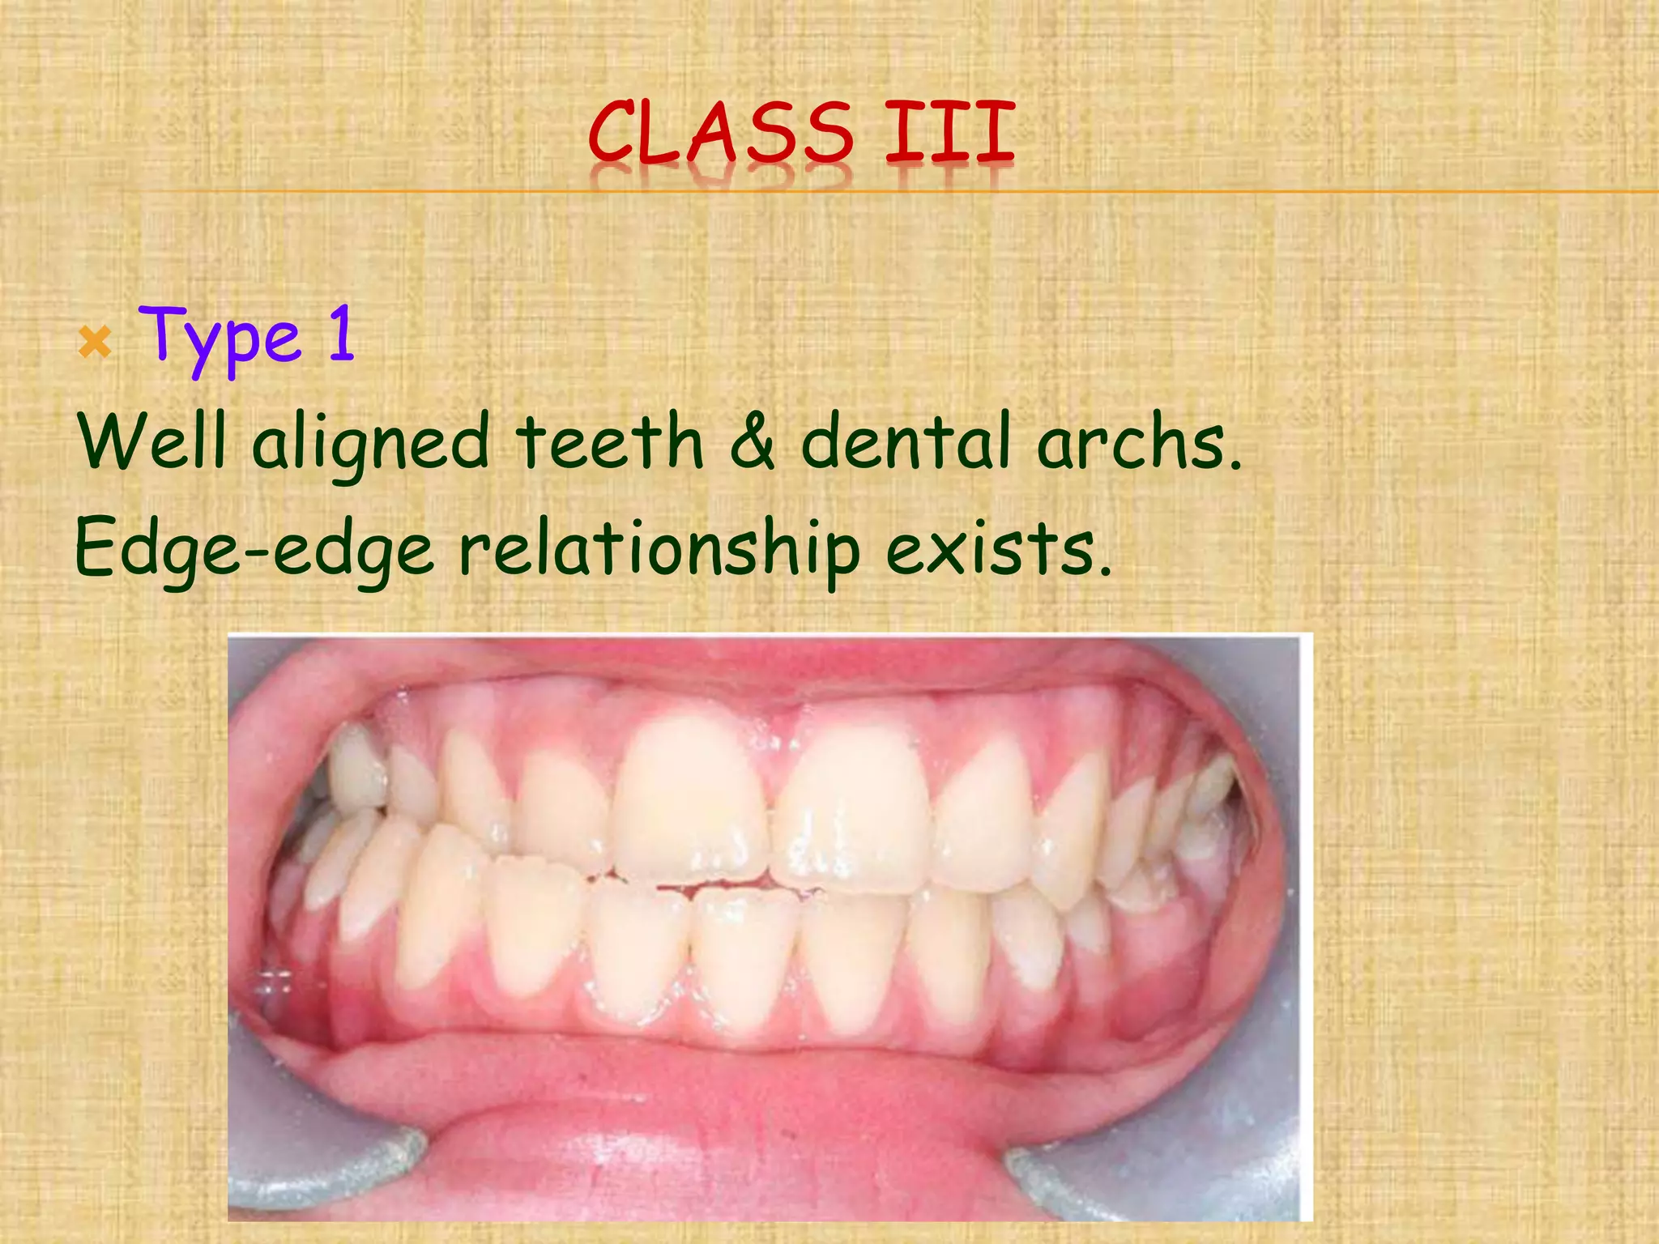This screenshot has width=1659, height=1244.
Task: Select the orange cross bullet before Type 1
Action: point(96,344)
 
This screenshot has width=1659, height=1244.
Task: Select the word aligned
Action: point(371,444)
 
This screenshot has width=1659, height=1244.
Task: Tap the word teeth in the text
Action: point(610,441)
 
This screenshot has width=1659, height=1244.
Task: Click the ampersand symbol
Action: point(753,441)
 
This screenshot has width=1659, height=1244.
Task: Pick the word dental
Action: point(907,441)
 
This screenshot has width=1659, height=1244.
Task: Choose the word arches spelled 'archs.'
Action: point(1139,441)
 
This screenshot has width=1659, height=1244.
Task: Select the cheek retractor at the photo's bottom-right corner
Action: point(1175,1166)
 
